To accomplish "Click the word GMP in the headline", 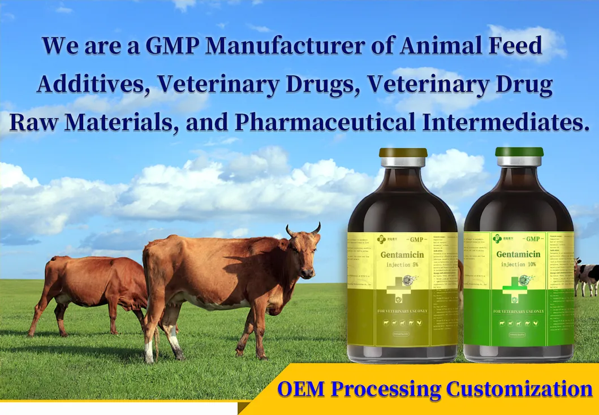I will click(x=173, y=45).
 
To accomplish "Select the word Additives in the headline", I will click(x=93, y=84).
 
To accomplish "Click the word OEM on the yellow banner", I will click(x=301, y=389).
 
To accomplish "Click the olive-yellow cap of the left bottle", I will click(x=403, y=153).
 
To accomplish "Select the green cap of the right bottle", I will click(x=519, y=152).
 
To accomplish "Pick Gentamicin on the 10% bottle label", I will click(x=518, y=254).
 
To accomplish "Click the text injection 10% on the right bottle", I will click(x=518, y=263).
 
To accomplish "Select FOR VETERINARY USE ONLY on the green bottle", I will click(x=518, y=312).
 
